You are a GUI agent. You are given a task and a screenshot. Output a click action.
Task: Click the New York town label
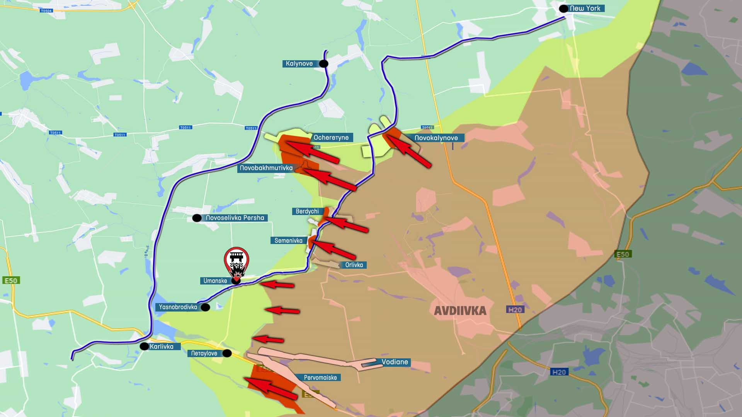(x=585, y=8)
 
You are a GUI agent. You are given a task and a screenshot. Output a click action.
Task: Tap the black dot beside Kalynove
(x=323, y=64)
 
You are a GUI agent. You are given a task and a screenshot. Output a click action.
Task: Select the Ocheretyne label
(x=331, y=137)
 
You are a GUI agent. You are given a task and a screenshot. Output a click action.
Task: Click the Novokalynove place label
(x=436, y=138)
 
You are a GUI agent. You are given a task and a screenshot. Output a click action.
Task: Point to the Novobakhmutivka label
(x=266, y=168)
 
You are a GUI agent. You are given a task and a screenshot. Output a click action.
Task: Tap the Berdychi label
(x=307, y=211)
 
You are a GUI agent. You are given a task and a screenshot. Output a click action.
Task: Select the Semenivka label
(x=288, y=241)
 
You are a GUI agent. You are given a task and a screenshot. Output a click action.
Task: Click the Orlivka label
(x=354, y=265)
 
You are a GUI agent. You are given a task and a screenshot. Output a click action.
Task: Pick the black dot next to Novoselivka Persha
(x=197, y=218)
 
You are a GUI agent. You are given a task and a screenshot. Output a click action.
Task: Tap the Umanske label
(x=215, y=281)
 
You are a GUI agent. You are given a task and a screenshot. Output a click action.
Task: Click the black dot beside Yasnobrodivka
(x=206, y=307)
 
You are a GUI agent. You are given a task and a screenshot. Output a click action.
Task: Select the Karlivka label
(x=162, y=346)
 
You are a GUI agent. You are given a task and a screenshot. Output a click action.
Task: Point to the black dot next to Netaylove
(x=227, y=353)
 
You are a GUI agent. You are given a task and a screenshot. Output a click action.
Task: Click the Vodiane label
(x=395, y=362)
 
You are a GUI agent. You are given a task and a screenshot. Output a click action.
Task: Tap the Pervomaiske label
(x=320, y=378)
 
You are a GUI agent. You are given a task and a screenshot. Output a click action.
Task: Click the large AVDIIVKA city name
(x=460, y=311)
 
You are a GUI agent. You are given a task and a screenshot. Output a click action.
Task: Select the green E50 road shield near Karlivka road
(x=11, y=280)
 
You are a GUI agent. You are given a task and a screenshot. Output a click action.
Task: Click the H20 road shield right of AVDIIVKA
(x=515, y=309)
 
